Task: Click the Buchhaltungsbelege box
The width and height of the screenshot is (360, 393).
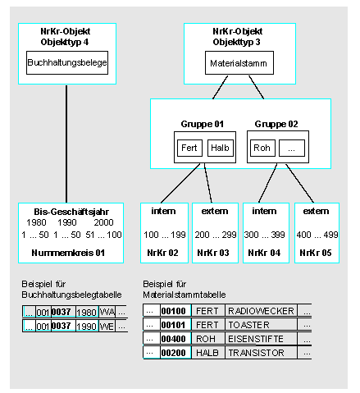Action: click(x=67, y=62)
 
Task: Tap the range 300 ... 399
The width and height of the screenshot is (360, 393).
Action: click(x=266, y=235)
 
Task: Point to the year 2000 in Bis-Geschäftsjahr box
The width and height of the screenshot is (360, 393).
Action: click(x=103, y=222)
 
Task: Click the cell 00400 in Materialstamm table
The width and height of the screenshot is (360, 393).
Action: click(x=175, y=339)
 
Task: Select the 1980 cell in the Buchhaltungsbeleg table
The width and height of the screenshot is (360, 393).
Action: click(x=87, y=312)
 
